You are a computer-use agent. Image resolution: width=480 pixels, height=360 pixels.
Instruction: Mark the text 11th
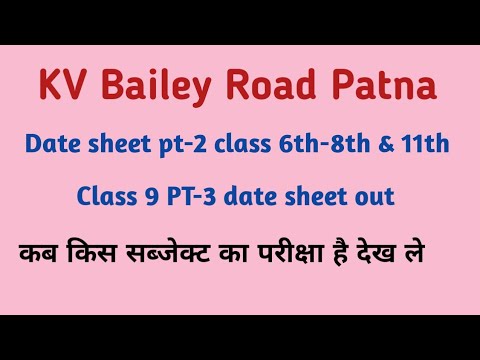point(428,145)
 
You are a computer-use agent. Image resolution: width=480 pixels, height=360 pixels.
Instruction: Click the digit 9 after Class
point(142,197)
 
